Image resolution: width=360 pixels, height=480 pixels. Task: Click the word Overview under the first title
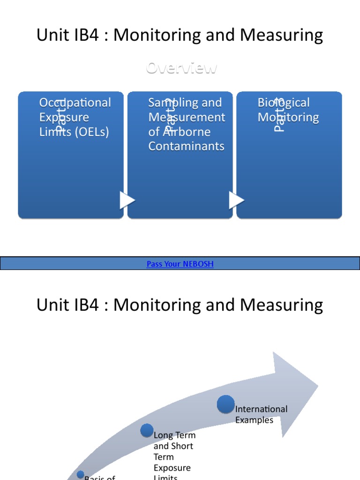click(x=181, y=68)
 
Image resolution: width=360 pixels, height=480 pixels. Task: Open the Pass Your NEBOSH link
click(x=180, y=264)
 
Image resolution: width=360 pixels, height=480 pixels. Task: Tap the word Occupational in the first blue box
click(x=75, y=103)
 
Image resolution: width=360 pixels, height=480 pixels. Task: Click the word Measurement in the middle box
click(x=187, y=117)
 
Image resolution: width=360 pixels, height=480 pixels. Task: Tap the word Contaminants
click(x=186, y=146)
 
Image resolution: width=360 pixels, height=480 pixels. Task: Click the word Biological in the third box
click(x=284, y=103)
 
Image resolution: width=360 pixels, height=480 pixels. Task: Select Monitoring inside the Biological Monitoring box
click(x=288, y=117)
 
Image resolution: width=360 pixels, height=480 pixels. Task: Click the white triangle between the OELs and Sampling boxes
click(x=127, y=200)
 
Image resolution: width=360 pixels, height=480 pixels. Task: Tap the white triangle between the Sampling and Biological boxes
click(x=236, y=200)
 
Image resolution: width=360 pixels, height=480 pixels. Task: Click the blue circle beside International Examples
click(x=226, y=404)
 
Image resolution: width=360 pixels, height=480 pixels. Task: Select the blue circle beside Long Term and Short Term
click(x=147, y=430)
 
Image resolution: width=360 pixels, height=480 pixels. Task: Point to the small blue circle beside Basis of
click(x=81, y=475)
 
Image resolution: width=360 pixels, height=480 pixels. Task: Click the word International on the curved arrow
click(x=261, y=409)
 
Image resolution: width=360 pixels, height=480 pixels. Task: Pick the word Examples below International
click(x=254, y=420)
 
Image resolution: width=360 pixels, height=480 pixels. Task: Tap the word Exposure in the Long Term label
click(x=172, y=468)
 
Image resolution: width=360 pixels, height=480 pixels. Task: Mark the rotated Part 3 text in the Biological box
click(x=279, y=115)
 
